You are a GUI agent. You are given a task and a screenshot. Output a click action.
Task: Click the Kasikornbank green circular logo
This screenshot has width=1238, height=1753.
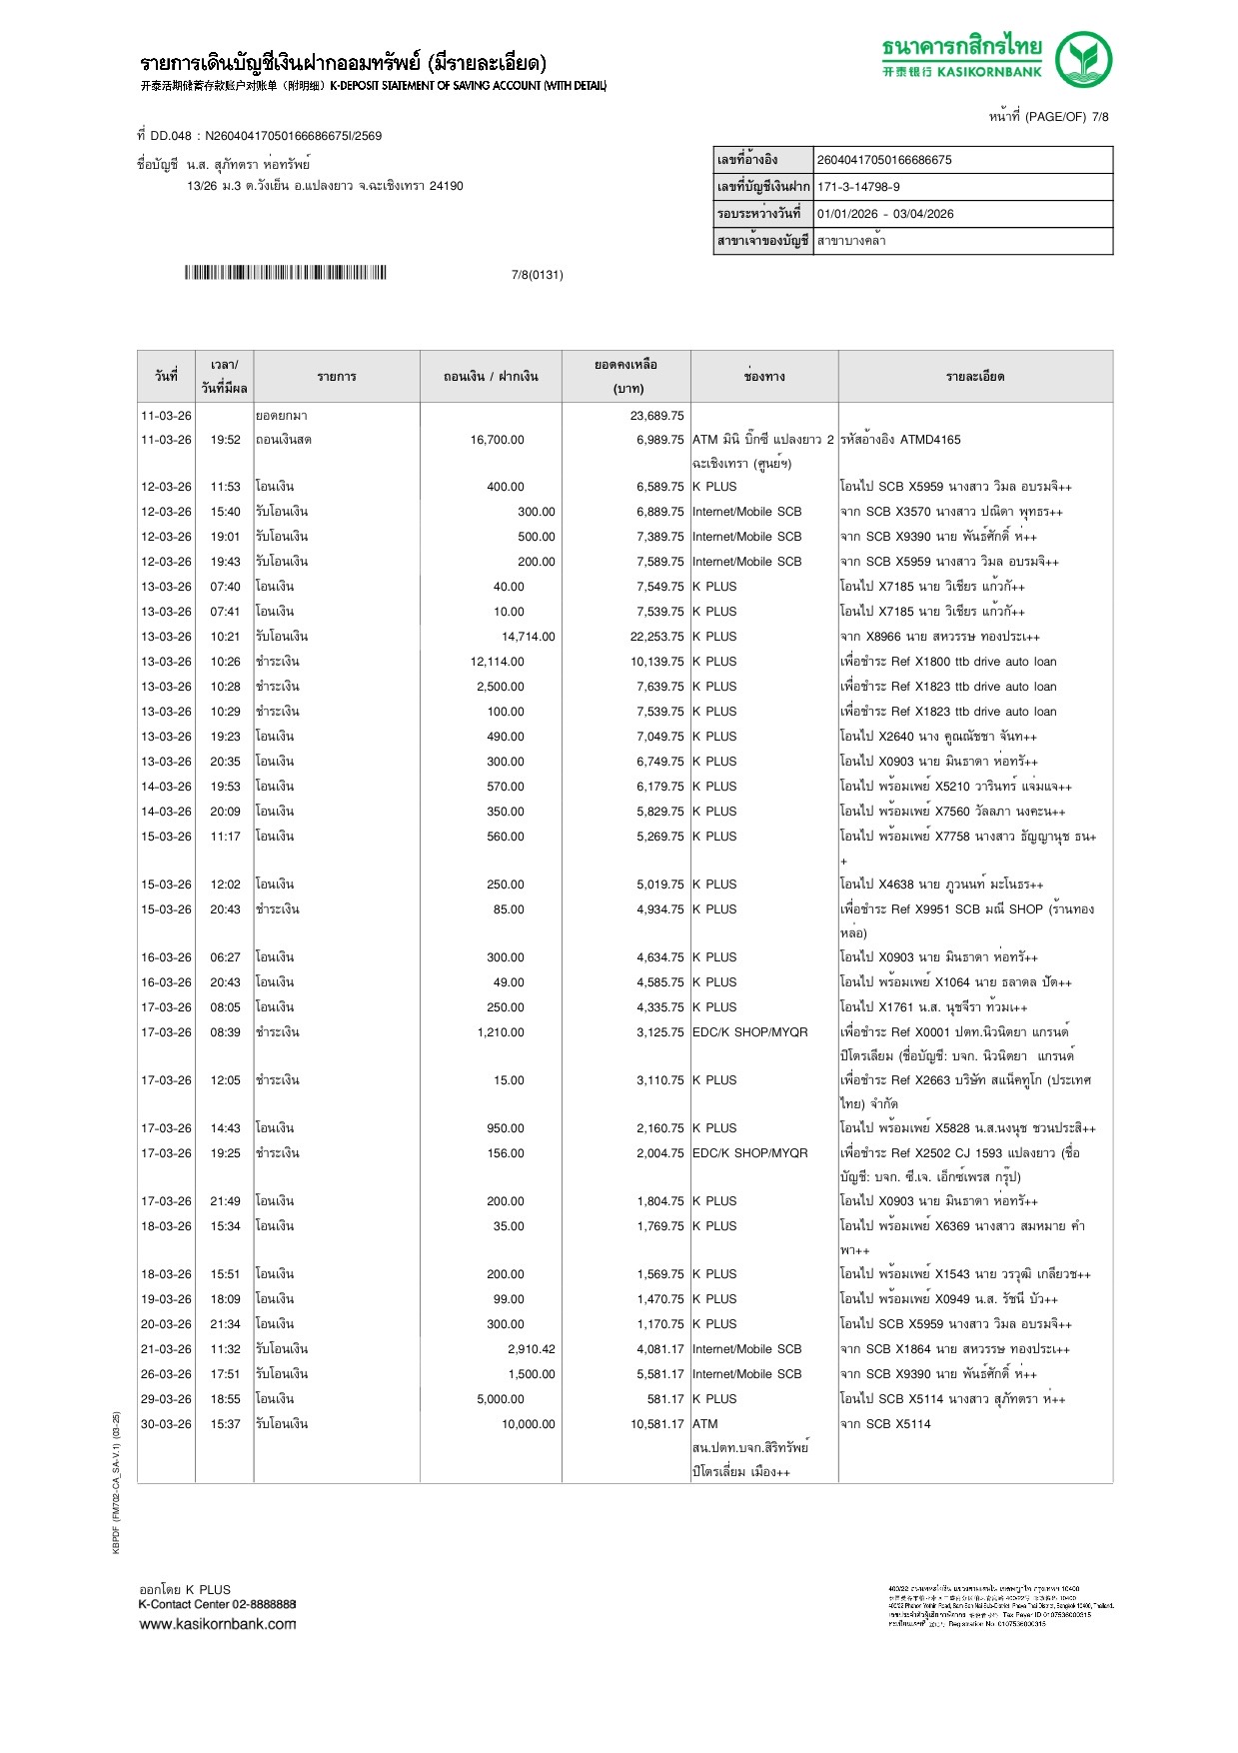coord(1083,59)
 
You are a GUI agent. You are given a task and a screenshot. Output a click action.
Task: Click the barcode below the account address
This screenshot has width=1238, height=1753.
coord(285,273)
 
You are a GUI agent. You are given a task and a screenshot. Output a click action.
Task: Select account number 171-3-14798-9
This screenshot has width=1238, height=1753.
coord(858,187)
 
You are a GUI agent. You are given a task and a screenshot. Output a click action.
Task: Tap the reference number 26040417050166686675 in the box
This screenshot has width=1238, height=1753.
coord(884,160)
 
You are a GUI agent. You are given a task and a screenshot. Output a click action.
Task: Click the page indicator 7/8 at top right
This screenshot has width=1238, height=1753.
coord(1100,117)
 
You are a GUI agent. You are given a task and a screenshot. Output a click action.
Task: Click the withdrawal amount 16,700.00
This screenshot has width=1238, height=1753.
coord(497,440)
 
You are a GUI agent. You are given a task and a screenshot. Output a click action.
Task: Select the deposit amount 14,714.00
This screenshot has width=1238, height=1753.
coord(528,637)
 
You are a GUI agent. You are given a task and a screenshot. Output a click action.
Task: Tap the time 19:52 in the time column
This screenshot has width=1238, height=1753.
coord(225,440)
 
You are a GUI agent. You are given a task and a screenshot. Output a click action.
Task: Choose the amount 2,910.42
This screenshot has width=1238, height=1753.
coord(531,1349)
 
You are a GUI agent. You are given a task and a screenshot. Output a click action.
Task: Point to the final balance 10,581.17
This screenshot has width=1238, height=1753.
coord(656,1424)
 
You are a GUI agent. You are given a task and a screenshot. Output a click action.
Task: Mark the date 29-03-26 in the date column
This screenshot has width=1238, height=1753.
coord(166,1399)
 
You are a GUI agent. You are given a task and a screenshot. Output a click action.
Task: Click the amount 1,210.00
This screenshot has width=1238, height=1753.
coord(500,1032)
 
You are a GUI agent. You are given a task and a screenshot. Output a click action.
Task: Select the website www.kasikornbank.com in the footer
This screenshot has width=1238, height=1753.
coord(218,1624)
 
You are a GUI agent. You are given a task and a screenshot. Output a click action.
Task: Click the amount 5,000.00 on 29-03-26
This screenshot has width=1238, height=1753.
coord(500,1399)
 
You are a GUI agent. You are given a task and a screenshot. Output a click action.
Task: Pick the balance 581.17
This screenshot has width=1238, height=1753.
coord(664,1399)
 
